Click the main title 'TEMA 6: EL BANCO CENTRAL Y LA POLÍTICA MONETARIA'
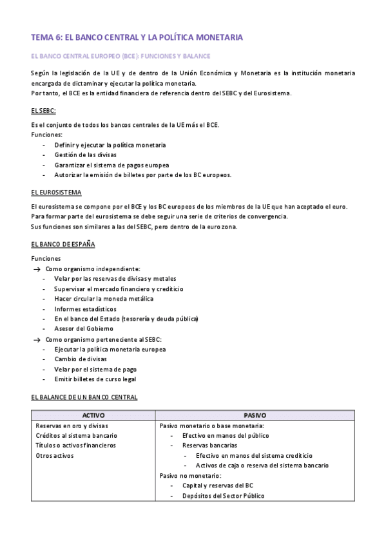[x=137, y=37]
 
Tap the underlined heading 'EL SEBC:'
[x=44, y=111]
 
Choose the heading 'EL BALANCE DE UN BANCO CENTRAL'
[x=84, y=397]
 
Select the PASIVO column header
[x=255, y=415]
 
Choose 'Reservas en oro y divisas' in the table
[x=72, y=426]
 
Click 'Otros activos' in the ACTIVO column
[x=55, y=455]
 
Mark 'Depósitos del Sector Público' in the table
[x=223, y=495]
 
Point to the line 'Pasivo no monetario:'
[x=190, y=475]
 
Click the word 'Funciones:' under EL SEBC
[x=46, y=135]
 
